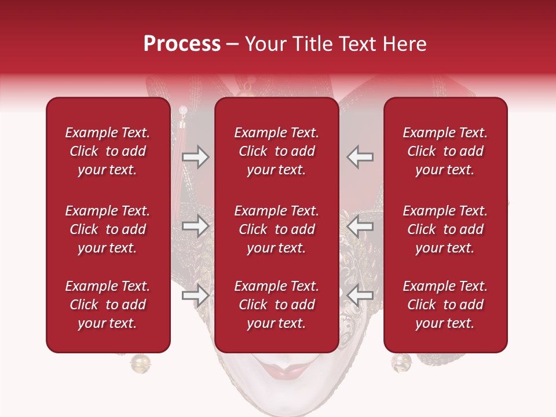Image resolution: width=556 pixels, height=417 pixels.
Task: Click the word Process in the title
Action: (x=182, y=44)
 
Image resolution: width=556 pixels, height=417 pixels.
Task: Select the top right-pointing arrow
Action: (x=195, y=157)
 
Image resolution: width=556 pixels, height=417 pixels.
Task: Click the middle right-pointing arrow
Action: (x=195, y=226)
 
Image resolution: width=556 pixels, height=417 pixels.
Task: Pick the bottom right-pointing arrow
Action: (x=195, y=295)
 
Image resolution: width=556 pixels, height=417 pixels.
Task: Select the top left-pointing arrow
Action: (x=360, y=157)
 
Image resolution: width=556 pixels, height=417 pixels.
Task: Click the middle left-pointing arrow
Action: (x=360, y=226)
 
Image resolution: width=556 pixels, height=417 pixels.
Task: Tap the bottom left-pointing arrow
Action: (x=360, y=295)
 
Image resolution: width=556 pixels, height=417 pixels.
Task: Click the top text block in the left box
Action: (x=108, y=151)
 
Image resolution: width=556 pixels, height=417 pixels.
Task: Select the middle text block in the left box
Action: (x=108, y=229)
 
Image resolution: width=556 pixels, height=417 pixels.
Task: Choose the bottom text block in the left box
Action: (x=108, y=305)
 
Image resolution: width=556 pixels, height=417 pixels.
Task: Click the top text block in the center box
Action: (x=276, y=151)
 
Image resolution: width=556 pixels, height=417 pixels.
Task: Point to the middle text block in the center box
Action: (x=276, y=229)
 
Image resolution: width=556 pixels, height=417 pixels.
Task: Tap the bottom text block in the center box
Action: (x=276, y=305)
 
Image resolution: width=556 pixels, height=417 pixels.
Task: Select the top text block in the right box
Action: (x=445, y=151)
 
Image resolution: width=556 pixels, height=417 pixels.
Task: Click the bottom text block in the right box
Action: (x=445, y=305)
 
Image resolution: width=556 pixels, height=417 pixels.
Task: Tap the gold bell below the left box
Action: (x=140, y=364)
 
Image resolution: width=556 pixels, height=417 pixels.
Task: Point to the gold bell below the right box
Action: (x=401, y=363)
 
